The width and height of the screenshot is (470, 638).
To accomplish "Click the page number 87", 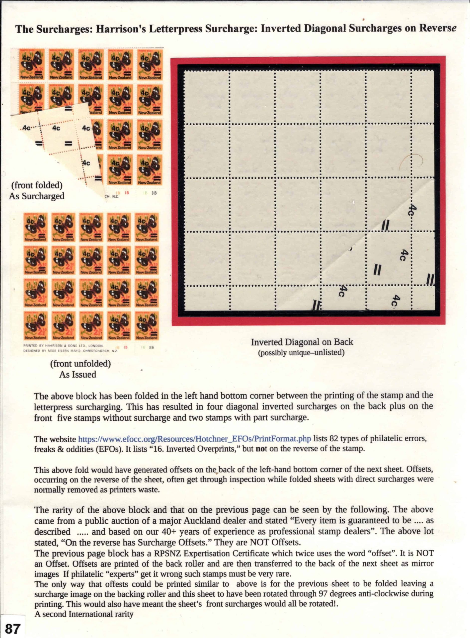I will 12,628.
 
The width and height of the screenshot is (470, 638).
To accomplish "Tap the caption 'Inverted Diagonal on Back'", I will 302,342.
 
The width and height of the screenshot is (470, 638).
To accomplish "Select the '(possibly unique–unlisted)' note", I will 301,353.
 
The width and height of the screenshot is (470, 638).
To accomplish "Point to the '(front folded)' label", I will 37,185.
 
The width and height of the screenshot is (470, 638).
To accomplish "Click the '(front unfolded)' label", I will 80,364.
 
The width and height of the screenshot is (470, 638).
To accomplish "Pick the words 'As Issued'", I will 78,374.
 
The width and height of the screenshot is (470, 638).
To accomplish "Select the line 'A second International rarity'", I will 84,614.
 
